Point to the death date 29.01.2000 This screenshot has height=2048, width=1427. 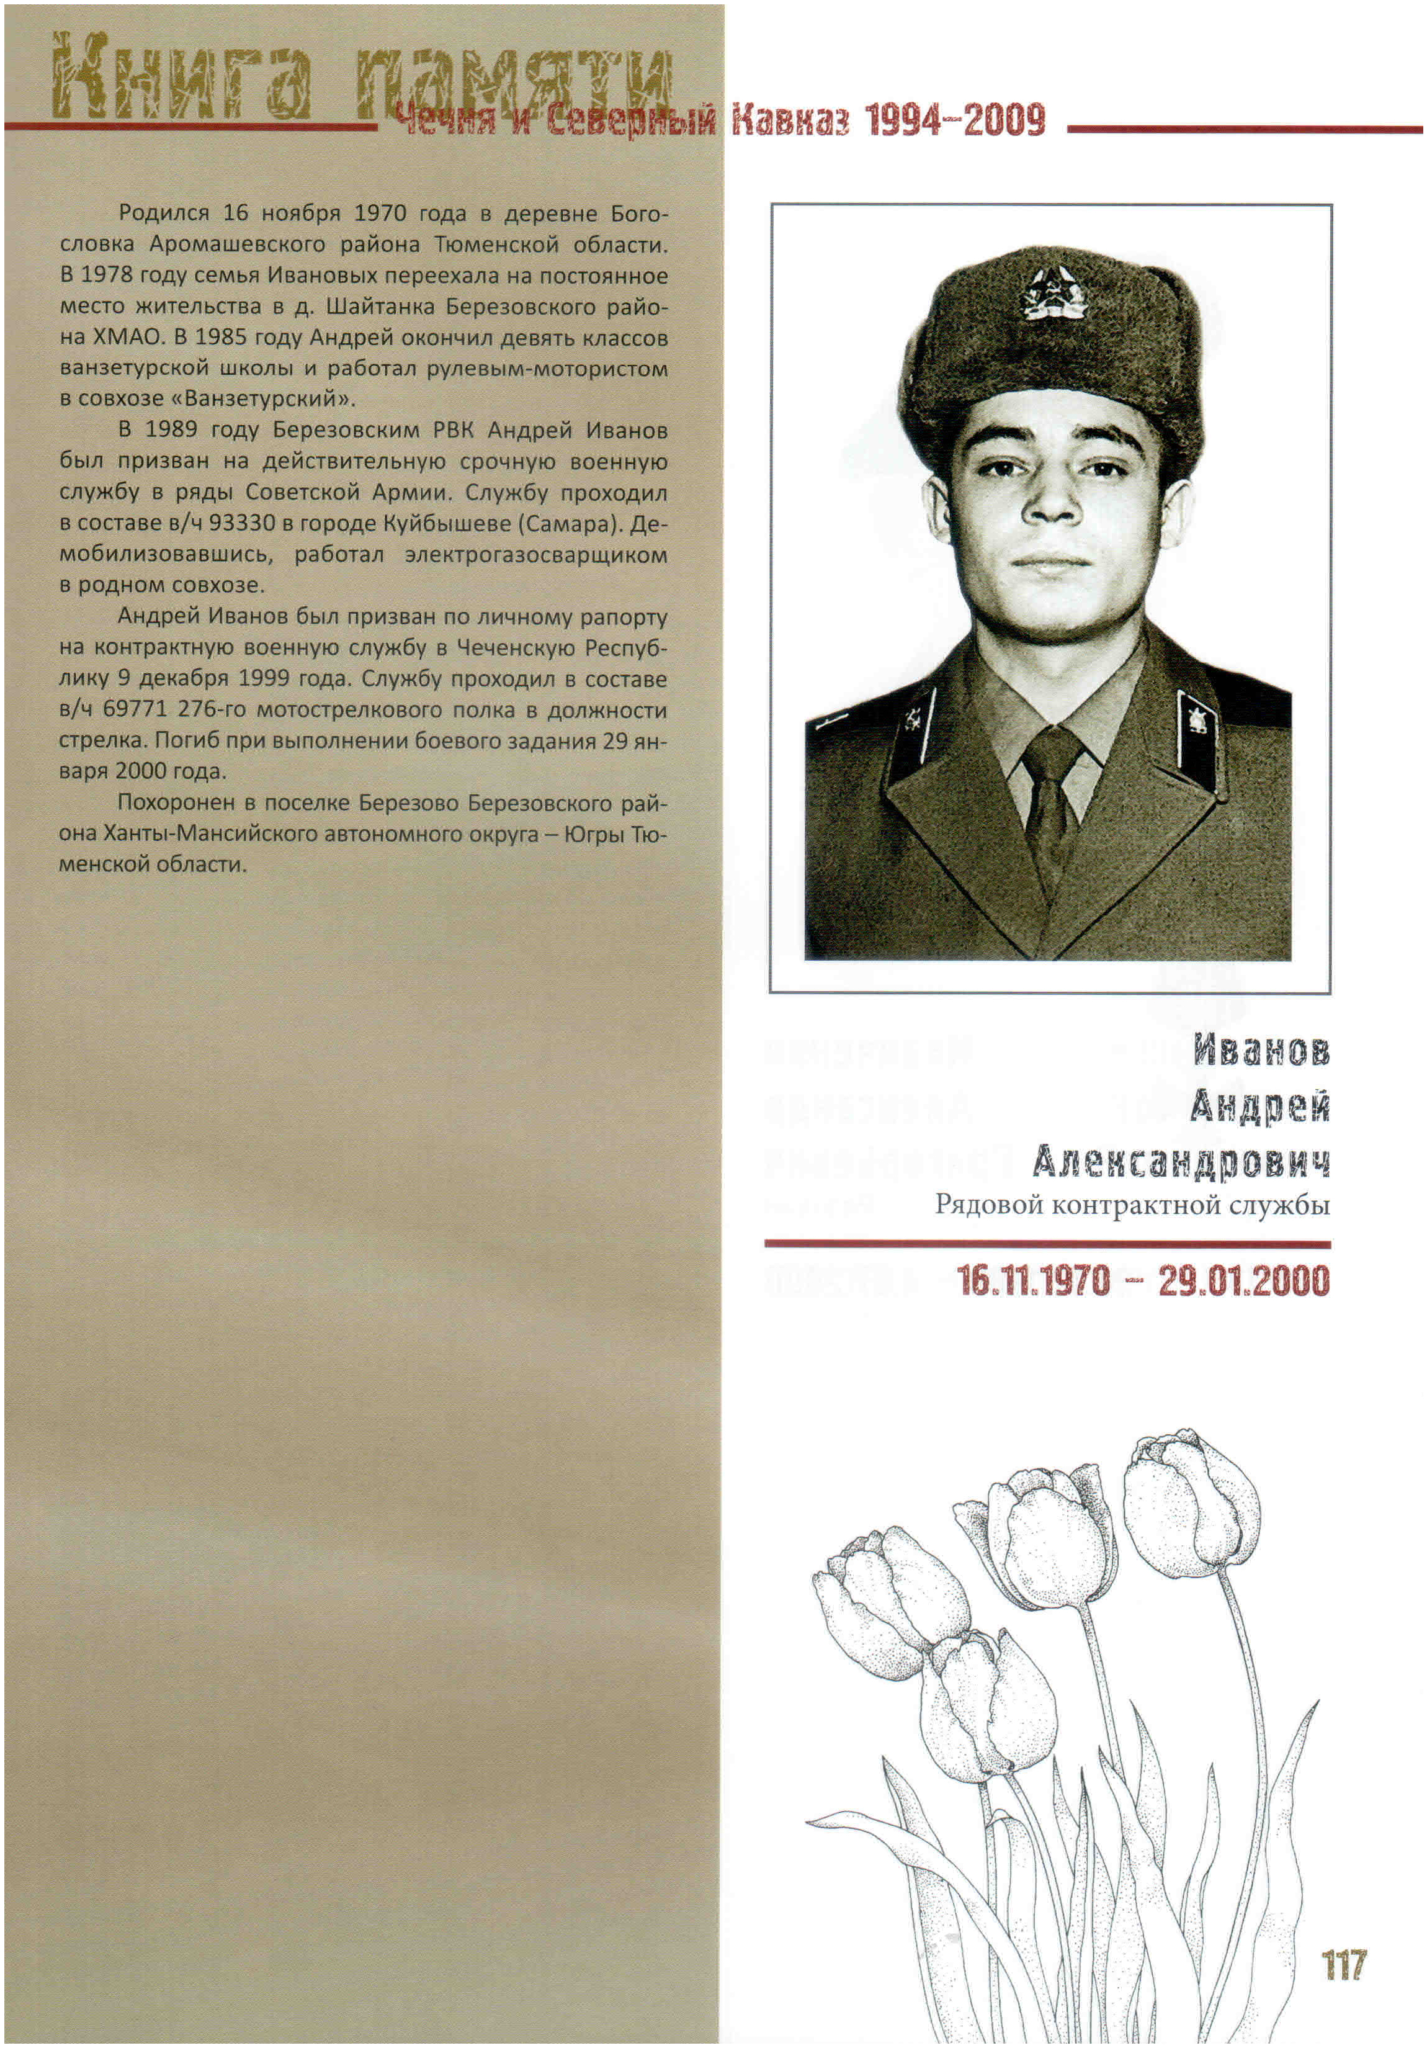[1244, 1282]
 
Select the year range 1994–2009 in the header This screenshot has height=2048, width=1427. [955, 120]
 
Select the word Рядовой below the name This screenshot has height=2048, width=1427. [990, 1206]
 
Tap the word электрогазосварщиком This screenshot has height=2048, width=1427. [535, 555]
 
